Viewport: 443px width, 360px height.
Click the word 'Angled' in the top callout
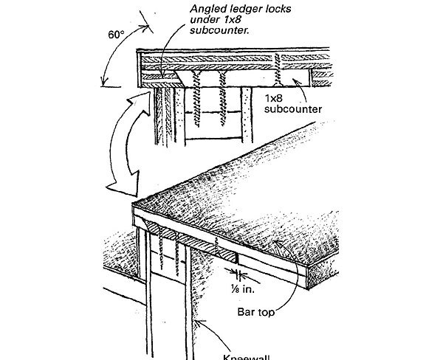(x=186, y=9)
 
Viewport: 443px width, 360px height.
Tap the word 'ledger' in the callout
(x=230, y=9)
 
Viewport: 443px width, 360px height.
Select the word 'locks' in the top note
(x=266, y=9)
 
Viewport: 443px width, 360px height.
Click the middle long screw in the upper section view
(x=224, y=100)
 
